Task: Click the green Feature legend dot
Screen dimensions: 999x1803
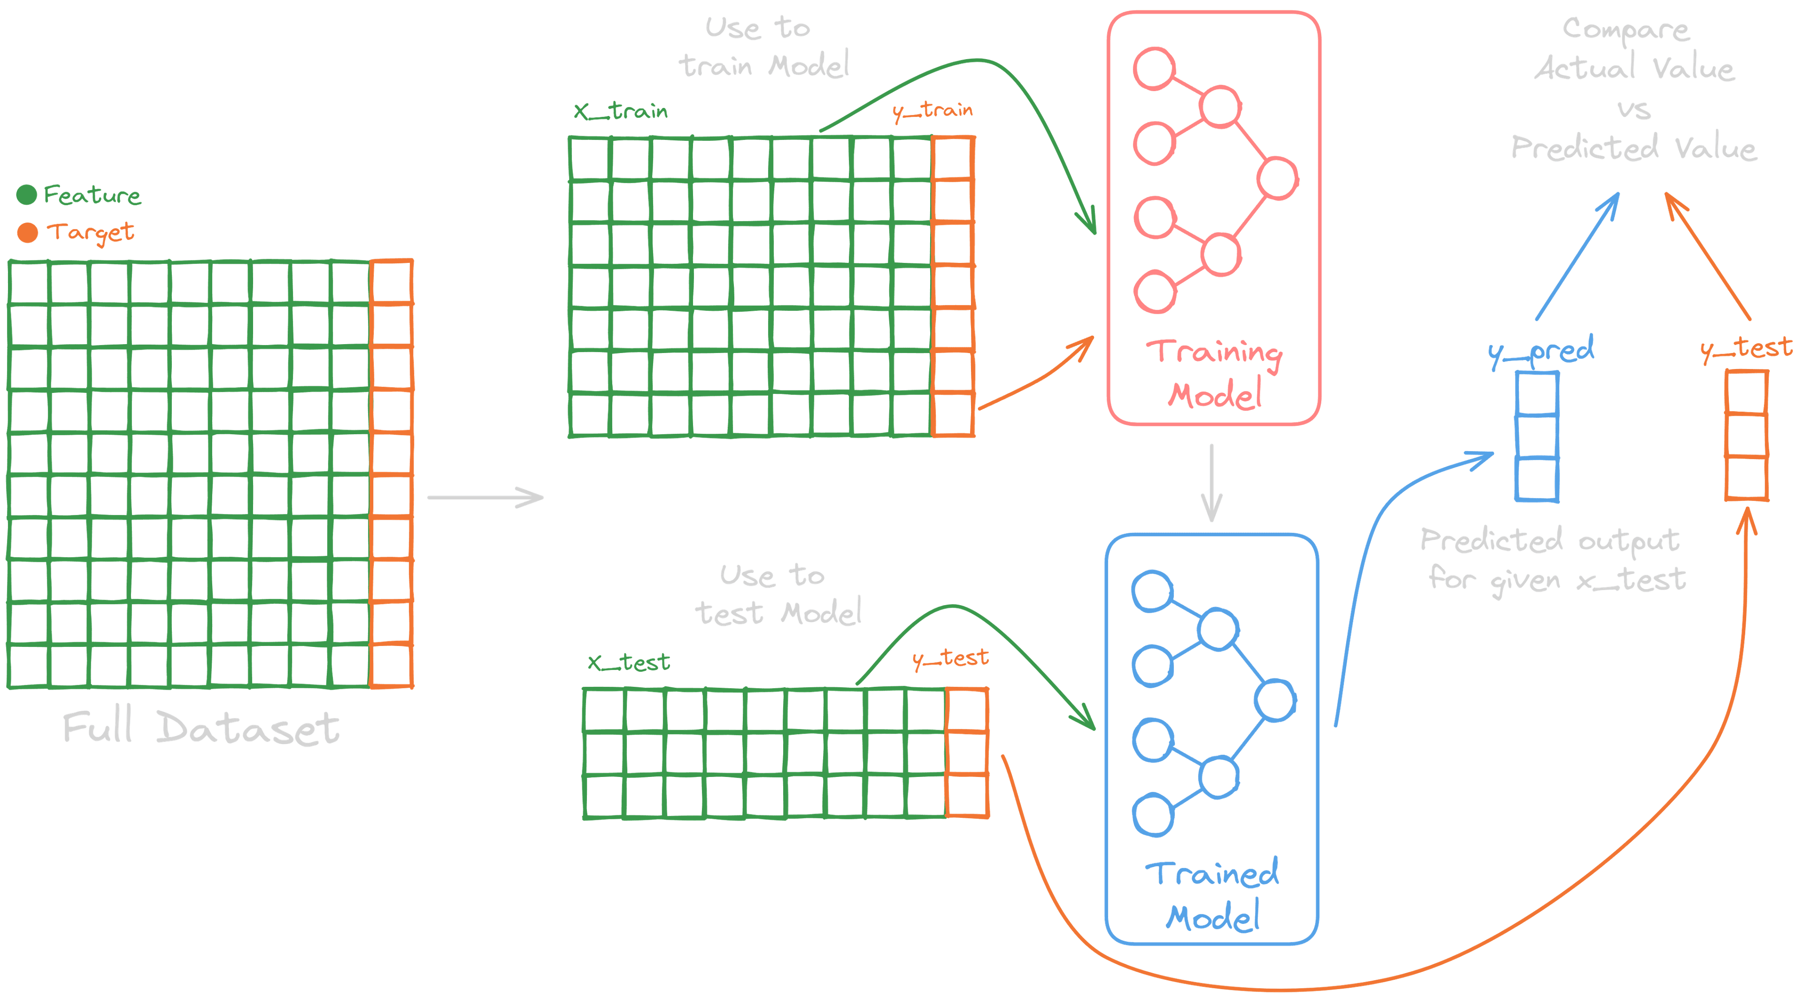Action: pyautogui.click(x=27, y=194)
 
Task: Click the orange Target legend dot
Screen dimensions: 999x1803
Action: pyautogui.click(x=27, y=232)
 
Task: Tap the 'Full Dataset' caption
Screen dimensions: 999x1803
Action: pyautogui.click(x=201, y=728)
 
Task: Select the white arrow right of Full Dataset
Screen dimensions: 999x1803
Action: pyautogui.click(x=485, y=498)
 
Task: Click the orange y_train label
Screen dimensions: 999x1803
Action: pyautogui.click(x=932, y=110)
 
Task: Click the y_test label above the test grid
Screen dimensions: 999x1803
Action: pyautogui.click(x=950, y=658)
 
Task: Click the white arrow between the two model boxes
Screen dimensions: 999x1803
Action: pyautogui.click(x=1211, y=483)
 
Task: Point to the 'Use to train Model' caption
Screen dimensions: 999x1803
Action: pyautogui.click(x=763, y=47)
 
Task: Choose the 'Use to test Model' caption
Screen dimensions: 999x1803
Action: pyautogui.click(x=777, y=595)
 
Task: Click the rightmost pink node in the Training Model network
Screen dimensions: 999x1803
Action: pyautogui.click(x=1277, y=178)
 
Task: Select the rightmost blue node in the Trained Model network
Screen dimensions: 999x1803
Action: pyautogui.click(x=1275, y=700)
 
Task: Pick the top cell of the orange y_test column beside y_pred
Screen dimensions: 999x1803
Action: pyautogui.click(x=1746, y=392)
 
